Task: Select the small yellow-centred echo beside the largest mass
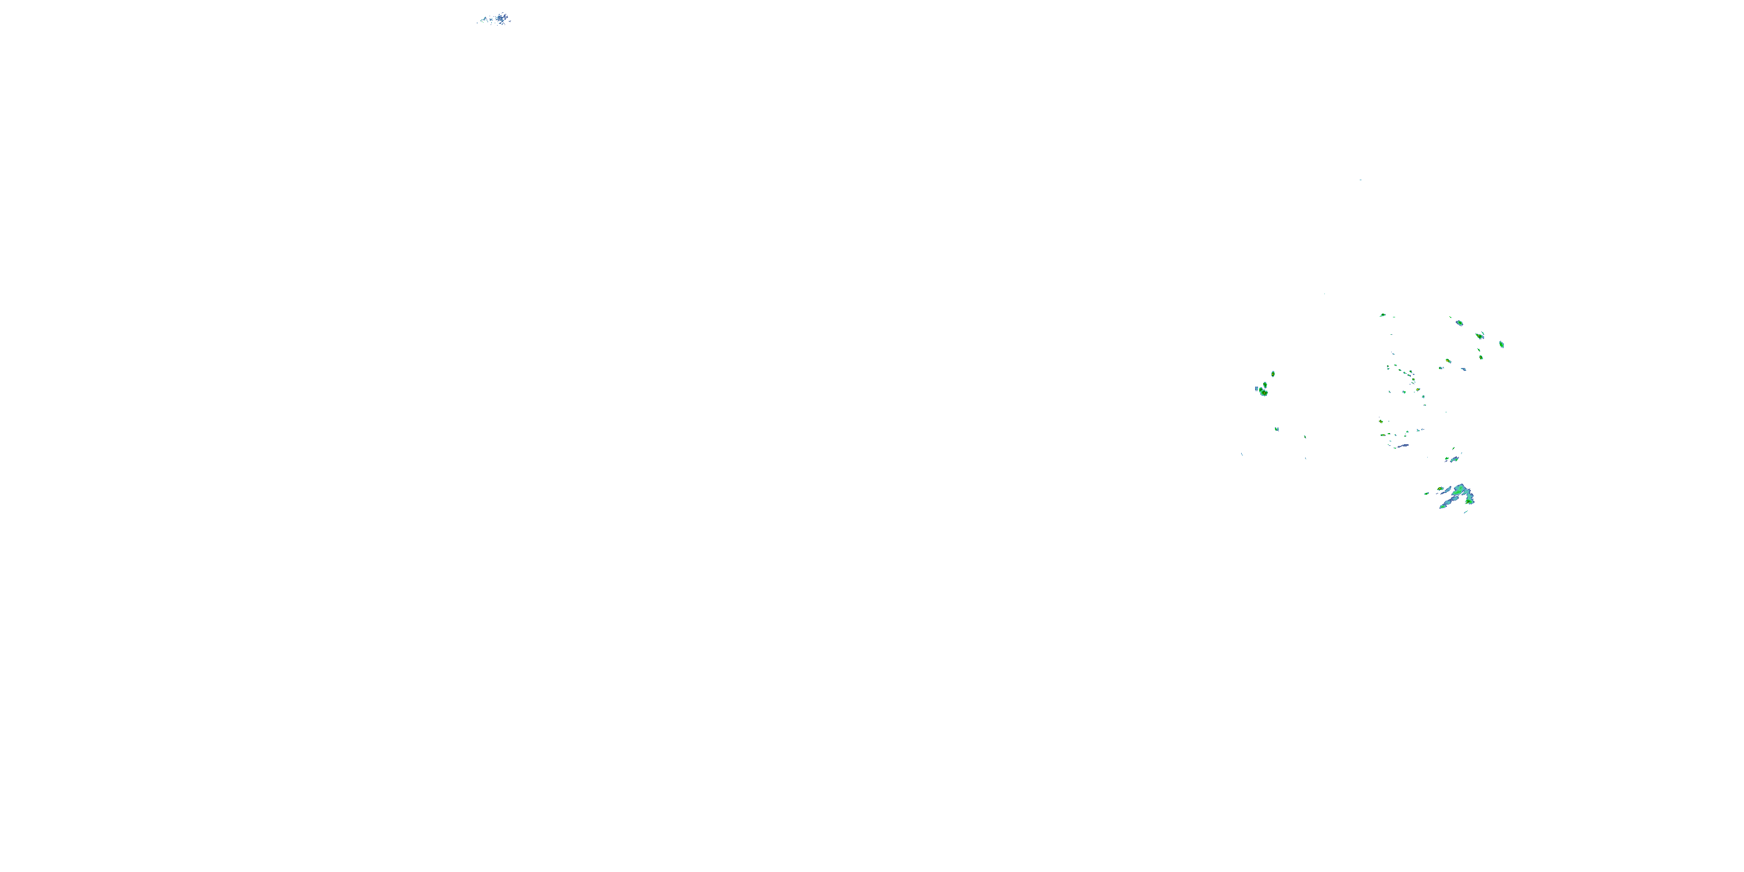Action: click(1440, 489)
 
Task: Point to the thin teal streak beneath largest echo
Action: click(1466, 512)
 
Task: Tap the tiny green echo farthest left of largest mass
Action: click(1427, 494)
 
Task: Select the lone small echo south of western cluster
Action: click(1277, 429)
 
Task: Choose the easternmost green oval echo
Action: click(1502, 345)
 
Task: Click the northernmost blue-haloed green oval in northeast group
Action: click(1460, 323)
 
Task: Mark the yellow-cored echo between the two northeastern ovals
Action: click(1479, 336)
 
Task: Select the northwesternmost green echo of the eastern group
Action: click(1383, 315)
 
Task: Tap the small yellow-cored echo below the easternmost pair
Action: click(1481, 358)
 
